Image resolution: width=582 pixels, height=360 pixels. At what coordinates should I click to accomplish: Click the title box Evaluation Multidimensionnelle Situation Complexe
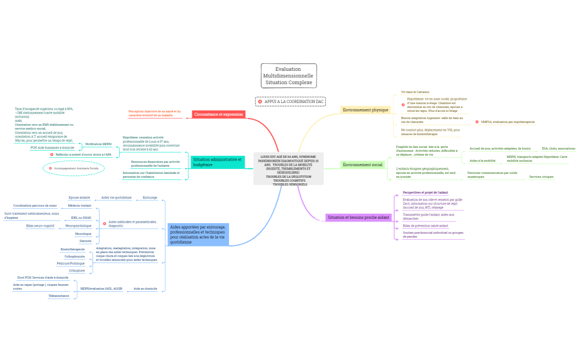(289, 75)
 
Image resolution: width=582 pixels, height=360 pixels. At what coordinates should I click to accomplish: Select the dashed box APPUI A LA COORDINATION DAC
(290, 101)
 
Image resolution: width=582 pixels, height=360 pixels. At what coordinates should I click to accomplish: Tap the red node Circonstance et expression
(218, 114)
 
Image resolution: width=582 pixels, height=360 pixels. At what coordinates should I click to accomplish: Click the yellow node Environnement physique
(365, 110)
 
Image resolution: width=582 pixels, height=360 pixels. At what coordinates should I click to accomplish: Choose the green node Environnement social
(363, 164)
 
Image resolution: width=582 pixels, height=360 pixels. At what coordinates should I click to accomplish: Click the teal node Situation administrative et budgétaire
(217, 162)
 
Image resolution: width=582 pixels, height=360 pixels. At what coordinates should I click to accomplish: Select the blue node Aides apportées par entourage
(198, 234)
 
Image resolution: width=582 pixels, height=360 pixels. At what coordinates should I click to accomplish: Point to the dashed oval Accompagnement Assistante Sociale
(74, 168)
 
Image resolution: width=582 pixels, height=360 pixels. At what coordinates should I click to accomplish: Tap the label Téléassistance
(59, 296)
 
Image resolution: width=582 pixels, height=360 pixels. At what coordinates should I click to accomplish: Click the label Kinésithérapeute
(73, 249)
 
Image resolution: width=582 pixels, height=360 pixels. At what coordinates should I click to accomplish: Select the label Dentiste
(85, 241)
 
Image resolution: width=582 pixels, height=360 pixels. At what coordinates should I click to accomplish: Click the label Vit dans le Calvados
(415, 92)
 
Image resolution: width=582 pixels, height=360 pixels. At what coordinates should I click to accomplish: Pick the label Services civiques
(541, 177)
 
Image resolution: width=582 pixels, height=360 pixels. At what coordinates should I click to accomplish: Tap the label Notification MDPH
(98, 144)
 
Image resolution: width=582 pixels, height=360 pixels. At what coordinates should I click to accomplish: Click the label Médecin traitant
(79, 205)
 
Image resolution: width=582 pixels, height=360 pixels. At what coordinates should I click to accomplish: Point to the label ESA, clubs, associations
(558, 148)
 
